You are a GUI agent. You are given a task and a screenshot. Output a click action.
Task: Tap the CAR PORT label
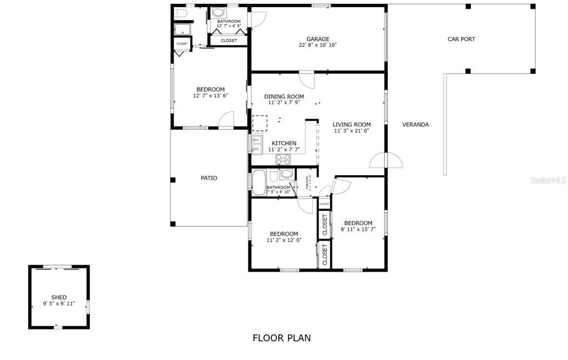461,39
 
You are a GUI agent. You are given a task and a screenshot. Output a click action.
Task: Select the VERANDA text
415,125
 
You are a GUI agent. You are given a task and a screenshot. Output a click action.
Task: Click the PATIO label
209,178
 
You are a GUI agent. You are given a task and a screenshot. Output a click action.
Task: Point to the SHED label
59,298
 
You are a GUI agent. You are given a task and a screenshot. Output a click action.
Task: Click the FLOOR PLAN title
282,338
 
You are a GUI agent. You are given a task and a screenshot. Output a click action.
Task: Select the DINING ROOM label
283,97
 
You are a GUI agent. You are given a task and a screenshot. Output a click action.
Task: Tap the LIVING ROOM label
351,125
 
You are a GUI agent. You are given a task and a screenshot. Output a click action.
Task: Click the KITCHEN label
283,143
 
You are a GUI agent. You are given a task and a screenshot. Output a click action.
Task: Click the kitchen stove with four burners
283,160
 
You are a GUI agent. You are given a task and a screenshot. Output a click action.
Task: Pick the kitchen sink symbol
257,144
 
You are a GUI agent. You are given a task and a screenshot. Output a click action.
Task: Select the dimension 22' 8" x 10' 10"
318,45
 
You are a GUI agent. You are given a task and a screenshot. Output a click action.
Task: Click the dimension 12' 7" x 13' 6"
210,95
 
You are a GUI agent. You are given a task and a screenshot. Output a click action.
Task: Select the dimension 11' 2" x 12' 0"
284,240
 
